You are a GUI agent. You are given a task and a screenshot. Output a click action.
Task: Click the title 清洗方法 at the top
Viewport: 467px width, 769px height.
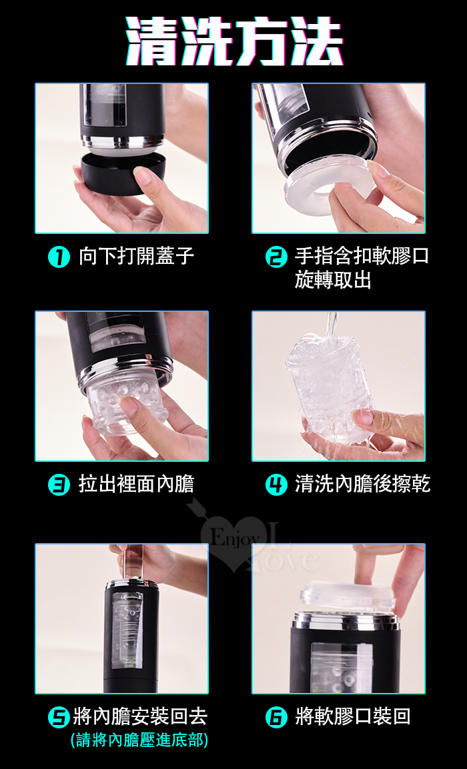pyautogui.click(x=233, y=41)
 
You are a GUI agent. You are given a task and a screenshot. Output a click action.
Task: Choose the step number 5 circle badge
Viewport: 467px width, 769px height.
pyautogui.click(x=59, y=718)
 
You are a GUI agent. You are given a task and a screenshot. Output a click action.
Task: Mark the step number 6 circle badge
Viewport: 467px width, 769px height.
pyautogui.click(x=276, y=718)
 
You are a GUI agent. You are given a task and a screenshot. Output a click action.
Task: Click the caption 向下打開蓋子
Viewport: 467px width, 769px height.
pyautogui.click(x=137, y=257)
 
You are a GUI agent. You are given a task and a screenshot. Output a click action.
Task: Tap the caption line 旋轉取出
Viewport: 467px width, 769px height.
pyautogui.click(x=333, y=280)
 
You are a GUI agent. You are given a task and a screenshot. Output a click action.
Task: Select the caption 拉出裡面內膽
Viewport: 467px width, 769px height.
pyautogui.click(x=137, y=484)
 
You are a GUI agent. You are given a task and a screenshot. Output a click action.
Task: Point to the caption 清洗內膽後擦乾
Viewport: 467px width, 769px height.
pyautogui.click(x=362, y=484)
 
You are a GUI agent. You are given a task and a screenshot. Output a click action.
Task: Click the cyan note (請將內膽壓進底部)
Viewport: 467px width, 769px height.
pyautogui.click(x=139, y=740)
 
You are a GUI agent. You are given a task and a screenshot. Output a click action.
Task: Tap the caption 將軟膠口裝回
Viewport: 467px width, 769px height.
pyautogui.click(x=352, y=717)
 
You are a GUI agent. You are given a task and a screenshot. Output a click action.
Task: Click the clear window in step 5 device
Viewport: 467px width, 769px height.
pyautogui.click(x=127, y=630)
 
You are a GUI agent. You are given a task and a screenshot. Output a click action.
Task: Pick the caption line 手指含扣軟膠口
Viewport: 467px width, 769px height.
pyautogui.click(x=362, y=257)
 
